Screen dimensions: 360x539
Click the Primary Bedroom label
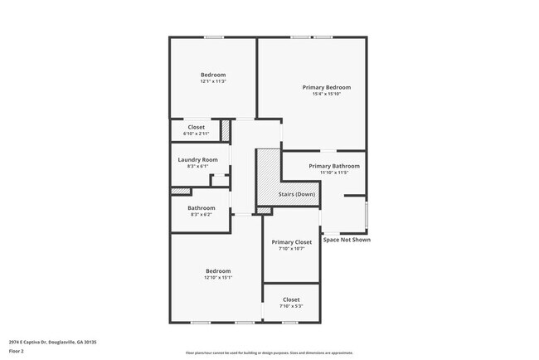(x=326, y=87)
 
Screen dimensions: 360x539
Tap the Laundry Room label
(x=197, y=159)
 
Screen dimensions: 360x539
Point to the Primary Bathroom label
(x=334, y=166)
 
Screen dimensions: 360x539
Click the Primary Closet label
(x=291, y=242)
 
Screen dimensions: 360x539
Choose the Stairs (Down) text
(x=296, y=194)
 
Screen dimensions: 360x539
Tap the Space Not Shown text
(x=347, y=240)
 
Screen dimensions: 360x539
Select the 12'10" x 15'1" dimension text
(x=218, y=279)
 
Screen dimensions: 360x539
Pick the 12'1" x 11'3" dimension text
(x=213, y=81)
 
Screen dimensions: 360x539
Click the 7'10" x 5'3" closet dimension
(x=291, y=307)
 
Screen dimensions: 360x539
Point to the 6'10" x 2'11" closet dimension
(x=196, y=134)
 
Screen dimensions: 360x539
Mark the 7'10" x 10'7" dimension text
(x=291, y=249)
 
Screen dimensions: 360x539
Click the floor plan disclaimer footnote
(x=269, y=353)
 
